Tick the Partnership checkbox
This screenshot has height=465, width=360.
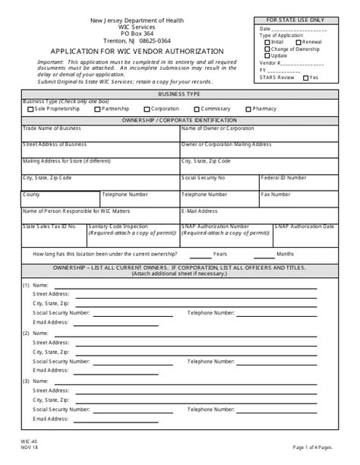pos(97,109)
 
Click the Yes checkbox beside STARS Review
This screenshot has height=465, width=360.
pos(306,77)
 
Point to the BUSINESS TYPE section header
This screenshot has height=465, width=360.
pos(179,93)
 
